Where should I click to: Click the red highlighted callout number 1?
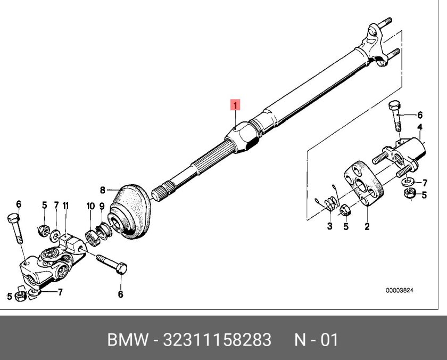pos(235,104)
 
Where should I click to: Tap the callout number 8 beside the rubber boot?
pos(103,190)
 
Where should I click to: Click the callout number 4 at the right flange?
pos(419,127)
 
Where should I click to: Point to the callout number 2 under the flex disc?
pos(367,226)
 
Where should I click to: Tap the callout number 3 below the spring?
pos(329,226)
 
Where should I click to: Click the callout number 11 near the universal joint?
pos(65,205)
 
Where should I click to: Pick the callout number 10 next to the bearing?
pos(90,205)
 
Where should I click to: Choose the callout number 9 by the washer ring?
pos(102,205)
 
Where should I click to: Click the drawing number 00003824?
pos(399,291)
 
